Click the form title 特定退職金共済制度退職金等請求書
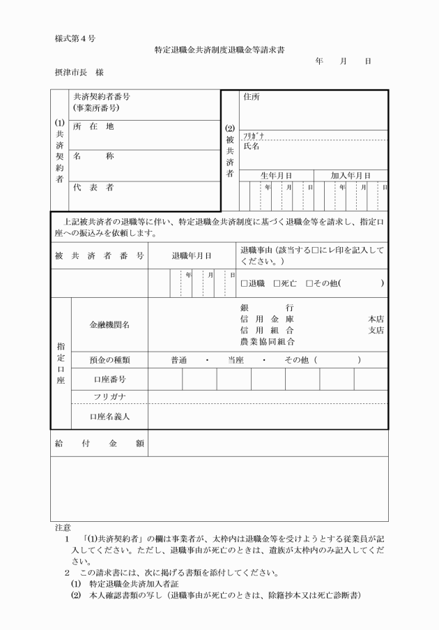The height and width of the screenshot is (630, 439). (x=219, y=50)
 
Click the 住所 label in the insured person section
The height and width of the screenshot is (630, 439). (x=251, y=97)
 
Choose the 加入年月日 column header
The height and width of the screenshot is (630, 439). (x=351, y=175)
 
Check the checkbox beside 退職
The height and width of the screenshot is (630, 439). (x=245, y=283)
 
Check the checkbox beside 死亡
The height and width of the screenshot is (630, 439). (x=277, y=283)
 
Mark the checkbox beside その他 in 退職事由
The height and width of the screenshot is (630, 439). (x=309, y=283)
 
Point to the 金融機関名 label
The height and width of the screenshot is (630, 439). (x=109, y=324)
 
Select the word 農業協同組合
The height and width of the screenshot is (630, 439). (x=266, y=342)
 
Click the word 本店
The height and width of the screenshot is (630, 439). (x=376, y=318)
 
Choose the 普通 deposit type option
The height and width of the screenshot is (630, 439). (x=179, y=361)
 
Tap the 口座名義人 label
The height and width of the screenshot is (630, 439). (x=109, y=417)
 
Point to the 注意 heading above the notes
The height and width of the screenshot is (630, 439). (x=62, y=529)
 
